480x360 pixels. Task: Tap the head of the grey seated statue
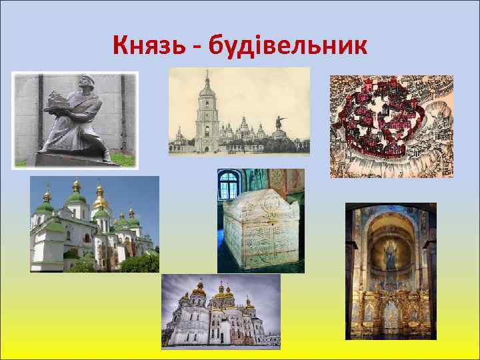click(77, 87)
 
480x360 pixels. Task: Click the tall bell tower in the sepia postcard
click(207, 113)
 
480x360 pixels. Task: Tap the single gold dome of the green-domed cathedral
click(101, 201)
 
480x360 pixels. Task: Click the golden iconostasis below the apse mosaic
click(391, 307)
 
